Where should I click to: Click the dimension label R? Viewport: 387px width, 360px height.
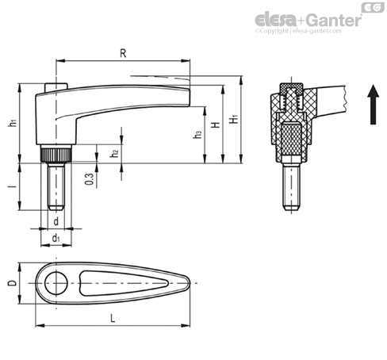tap(123, 53)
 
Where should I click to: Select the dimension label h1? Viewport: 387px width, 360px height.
tap(12, 123)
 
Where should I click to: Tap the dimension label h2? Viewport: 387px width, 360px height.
tap(114, 153)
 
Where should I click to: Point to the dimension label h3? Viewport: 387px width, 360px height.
tap(197, 134)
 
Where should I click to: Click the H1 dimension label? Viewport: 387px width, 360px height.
tap(234, 119)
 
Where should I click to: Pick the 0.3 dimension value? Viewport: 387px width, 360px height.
tap(90, 179)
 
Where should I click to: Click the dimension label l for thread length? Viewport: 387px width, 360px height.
tap(12, 186)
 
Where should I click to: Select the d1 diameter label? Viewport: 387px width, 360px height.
tap(56, 239)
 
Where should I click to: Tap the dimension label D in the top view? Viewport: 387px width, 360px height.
tap(12, 283)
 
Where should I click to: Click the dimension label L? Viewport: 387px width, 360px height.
tap(113, 318)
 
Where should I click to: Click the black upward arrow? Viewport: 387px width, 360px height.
tap(373, 105)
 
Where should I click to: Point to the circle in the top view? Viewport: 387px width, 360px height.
tap(56, 283)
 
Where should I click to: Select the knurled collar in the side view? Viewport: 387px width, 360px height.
tap(56, 155)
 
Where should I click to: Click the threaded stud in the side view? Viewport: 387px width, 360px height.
tap(56, 186)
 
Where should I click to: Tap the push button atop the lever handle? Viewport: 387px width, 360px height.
tap(56, 87)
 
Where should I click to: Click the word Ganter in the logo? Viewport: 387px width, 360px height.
tap(335, 21)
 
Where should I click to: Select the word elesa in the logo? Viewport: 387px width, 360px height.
tap(276, 20)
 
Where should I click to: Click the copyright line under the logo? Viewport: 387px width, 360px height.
tap(298, 31)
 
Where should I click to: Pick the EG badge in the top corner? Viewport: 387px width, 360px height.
tap(373, 7)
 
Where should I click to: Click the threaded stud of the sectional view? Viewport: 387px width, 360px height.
tap(291, 186)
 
